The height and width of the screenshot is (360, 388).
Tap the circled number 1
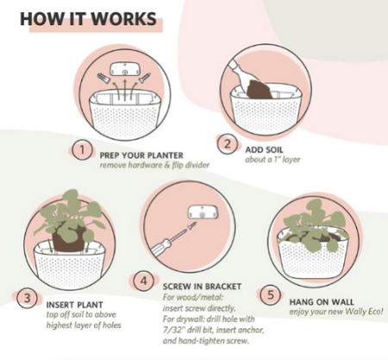click(x=82, y=150)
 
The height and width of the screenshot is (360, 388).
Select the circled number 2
click(x=227, y=144)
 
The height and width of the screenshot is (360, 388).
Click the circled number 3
click(x=27, y=298)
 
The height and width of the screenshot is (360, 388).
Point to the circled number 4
click(x=144, y=281)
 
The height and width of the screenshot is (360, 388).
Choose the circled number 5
click(x=271, y=295)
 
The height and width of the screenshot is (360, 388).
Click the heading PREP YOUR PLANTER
click(x=141, y=155)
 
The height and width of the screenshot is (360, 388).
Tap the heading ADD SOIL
click(x=264, y=149)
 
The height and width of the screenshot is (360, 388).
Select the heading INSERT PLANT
click(x=75, y=305)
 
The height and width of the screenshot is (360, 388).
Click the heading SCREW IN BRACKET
click(x=202, y=287)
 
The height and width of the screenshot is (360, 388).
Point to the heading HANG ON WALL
click(x=322, y=302)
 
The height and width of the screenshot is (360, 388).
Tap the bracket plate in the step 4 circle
click(x=203, y=213)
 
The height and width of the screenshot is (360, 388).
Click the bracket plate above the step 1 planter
click(x=125, y=69)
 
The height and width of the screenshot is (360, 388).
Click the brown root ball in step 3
click(x=69, y=239)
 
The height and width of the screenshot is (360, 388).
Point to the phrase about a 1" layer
click(x=272, y=160)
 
